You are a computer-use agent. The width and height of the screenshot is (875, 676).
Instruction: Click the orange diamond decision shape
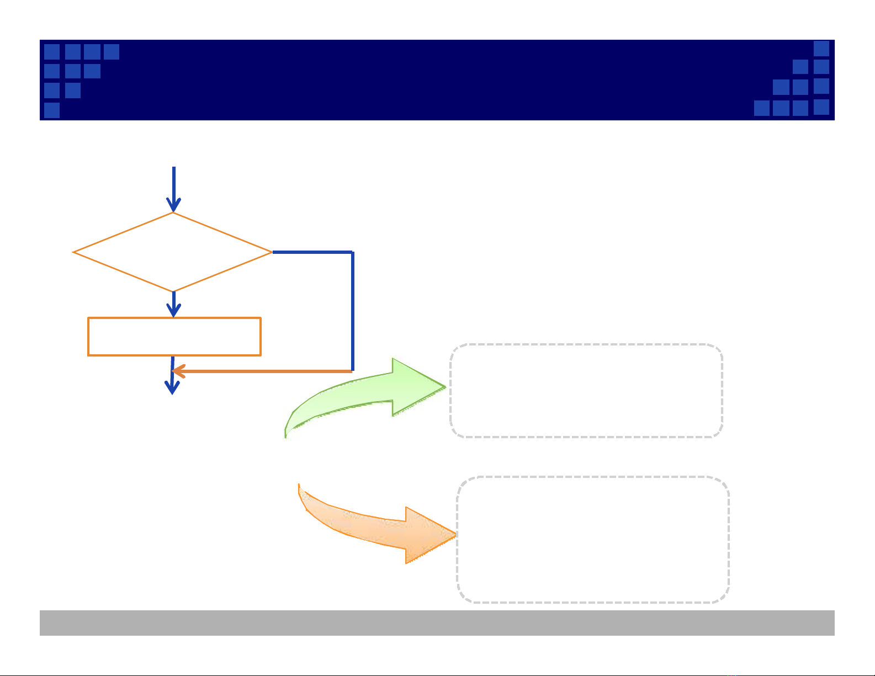click(173, 252)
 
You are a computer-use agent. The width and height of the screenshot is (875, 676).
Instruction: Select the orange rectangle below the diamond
click(174, 336)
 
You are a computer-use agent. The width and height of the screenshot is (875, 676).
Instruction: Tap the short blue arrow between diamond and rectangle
click(173, 304)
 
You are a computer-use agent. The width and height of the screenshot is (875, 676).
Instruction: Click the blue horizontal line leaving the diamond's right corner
click(312, 252)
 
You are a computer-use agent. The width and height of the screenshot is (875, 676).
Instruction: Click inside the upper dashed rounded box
click(586, 391)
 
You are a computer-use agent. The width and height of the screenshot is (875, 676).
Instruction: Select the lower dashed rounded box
click(593, 539)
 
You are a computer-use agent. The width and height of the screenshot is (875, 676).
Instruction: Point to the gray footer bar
click(437, 622)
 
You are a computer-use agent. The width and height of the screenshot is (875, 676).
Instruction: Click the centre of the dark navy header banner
click(437, 80)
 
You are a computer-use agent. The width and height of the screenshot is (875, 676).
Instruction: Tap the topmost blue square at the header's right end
click(821, 49)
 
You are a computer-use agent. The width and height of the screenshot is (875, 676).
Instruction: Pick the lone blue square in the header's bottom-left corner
click(52, 110)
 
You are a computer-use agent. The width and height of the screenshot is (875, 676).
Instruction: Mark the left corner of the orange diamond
click(74, 252)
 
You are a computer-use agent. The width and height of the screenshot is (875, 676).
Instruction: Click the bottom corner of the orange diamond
click(173, 291)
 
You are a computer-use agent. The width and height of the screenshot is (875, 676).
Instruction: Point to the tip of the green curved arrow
click(445, 386)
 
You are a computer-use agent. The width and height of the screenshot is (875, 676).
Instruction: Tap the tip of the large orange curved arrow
click(455, 534)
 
